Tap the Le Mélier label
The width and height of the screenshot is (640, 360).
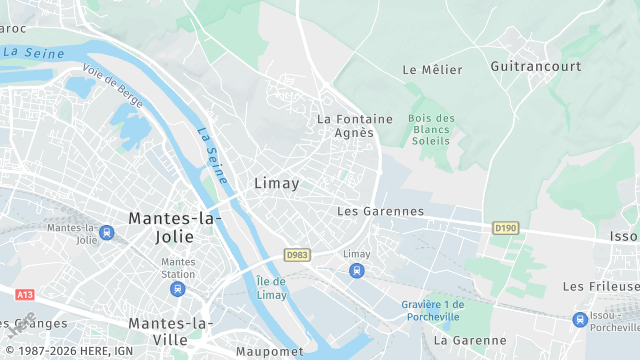point(432,70)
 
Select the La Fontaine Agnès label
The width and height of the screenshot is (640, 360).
point(345,125)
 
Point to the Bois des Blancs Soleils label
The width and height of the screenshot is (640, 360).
point(432,130)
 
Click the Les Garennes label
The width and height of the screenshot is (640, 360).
point(380,212)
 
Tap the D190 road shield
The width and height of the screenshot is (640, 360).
point(506,229)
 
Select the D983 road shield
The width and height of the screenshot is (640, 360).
point(296,255)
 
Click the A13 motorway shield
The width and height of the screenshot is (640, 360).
point(25,295)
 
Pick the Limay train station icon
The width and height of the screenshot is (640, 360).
point(356,270)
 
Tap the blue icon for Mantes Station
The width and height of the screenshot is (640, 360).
point(178,289)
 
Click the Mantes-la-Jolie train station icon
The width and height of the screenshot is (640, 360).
point(107,233)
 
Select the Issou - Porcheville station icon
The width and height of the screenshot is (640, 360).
point(580,320)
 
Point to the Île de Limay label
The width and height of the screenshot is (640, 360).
point(271,287)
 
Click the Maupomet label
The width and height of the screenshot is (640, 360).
point(269,351)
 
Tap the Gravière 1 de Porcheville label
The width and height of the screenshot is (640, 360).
point(433,310)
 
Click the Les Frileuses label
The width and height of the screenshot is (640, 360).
point(600,286)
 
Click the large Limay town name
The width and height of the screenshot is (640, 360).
point(277,183)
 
